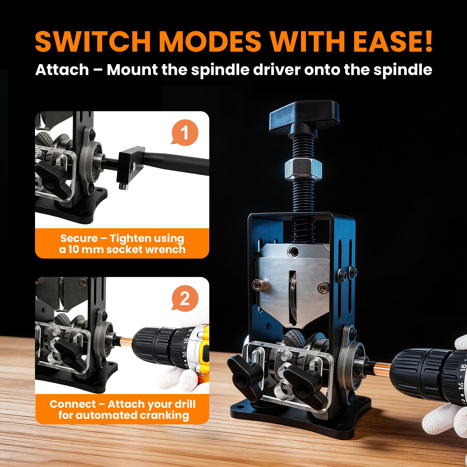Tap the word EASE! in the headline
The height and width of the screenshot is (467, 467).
click(x=392, y=41)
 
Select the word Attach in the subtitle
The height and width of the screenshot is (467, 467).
click(x=62, y=70)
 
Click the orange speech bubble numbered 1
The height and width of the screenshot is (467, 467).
click(x=184, y=133)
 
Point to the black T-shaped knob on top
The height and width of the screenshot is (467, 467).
click(x=304, y=117)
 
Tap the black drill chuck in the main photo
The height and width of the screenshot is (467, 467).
click(x=429, y=372)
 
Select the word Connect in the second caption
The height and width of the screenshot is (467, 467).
click(x=72, y=404)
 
